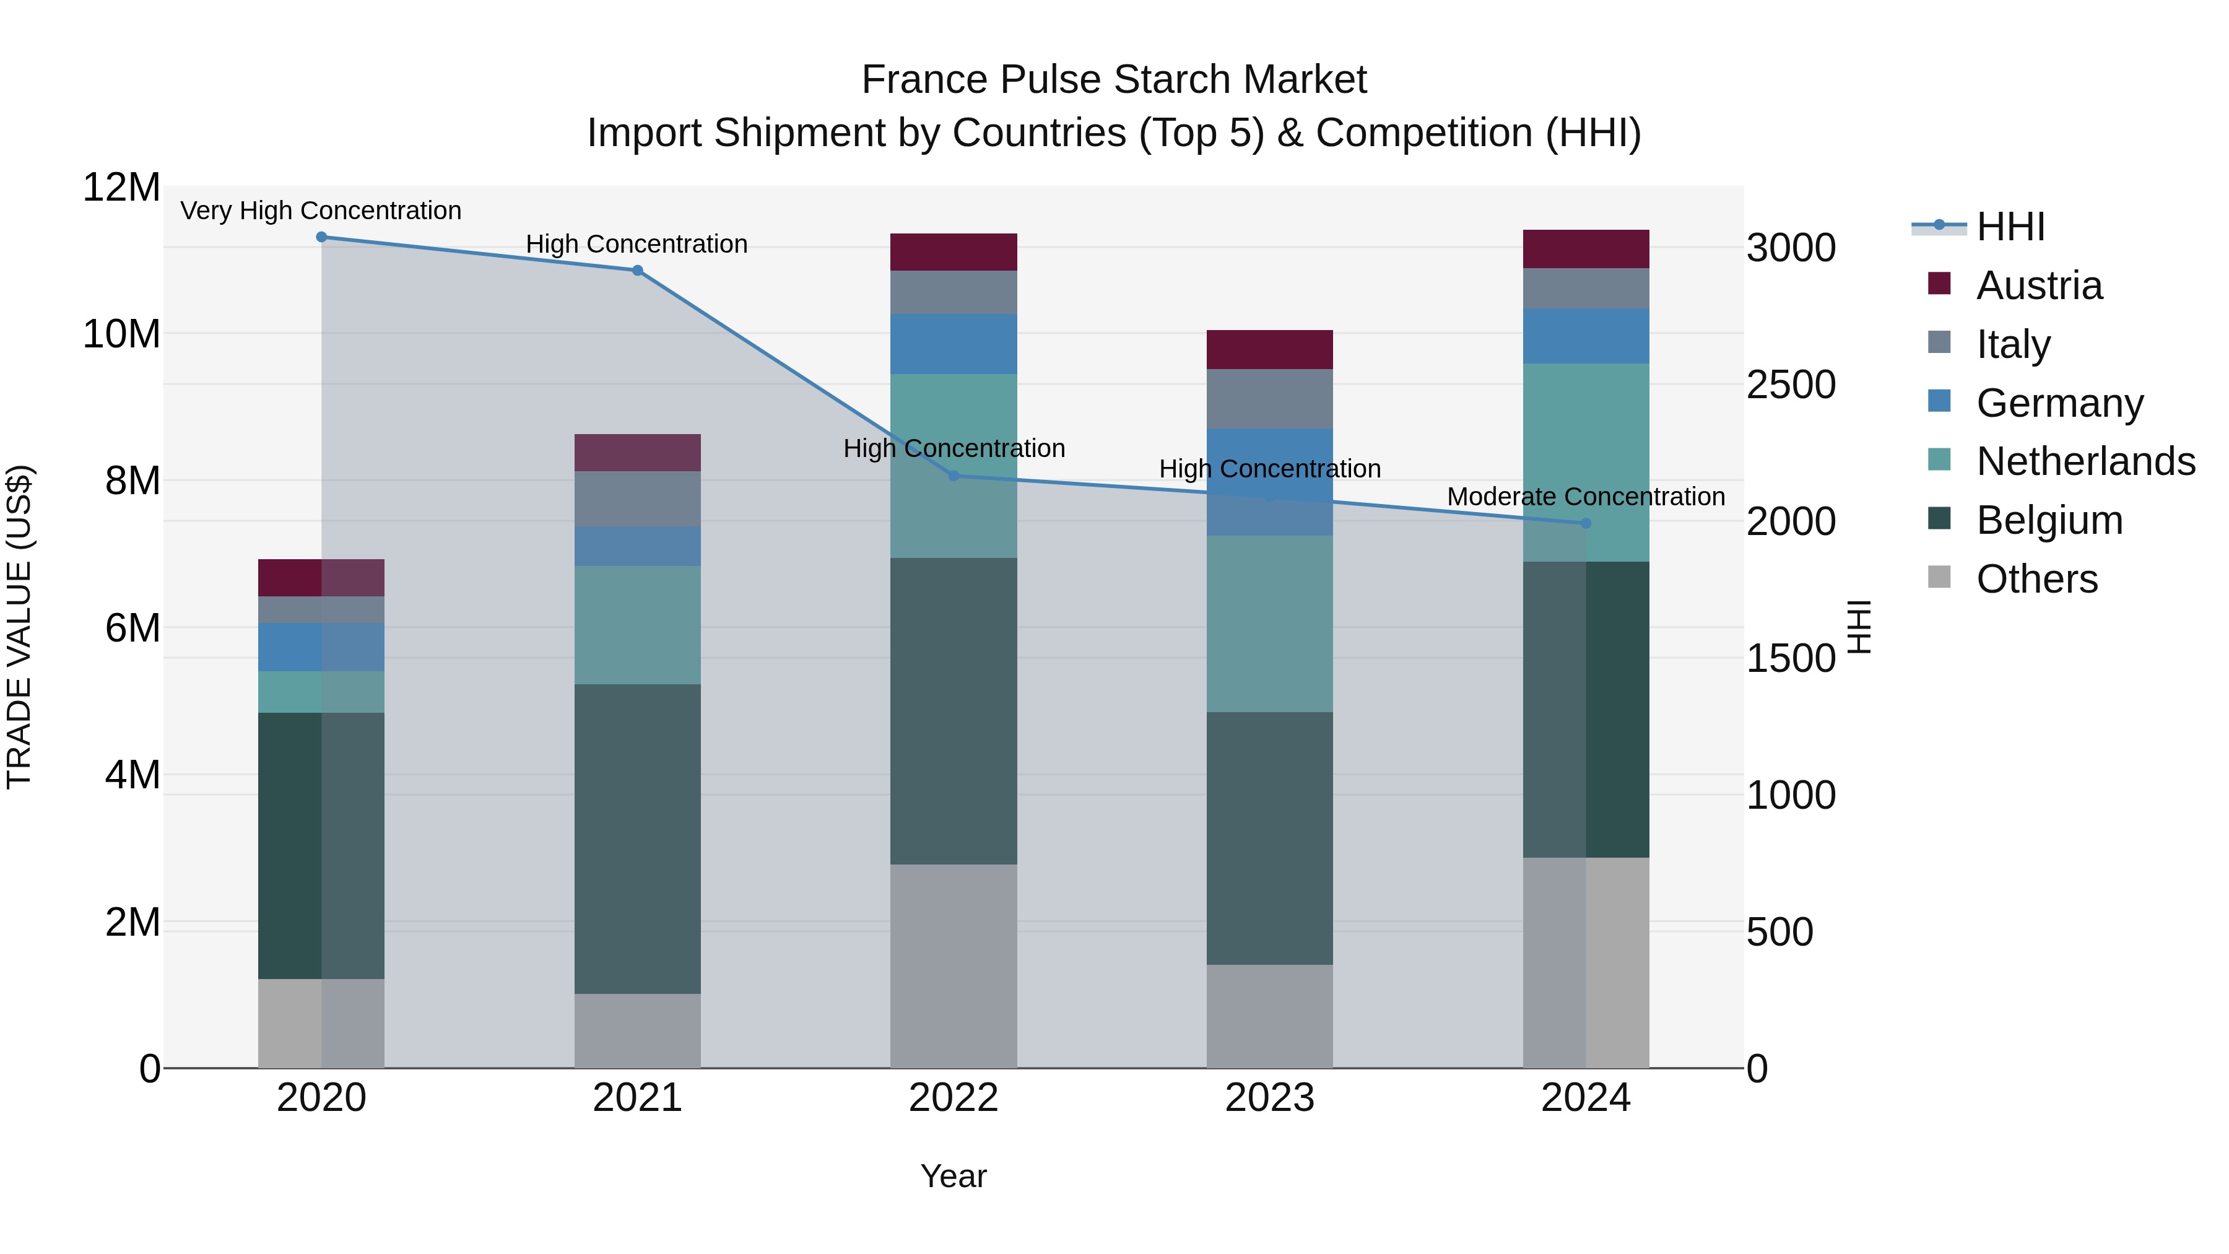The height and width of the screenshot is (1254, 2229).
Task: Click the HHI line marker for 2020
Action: point(321,237)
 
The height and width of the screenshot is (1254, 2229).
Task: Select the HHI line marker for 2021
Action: point(637,271)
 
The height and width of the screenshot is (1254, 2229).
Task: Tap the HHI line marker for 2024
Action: point(1585,523)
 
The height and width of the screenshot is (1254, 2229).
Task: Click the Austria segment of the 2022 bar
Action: point(954,252)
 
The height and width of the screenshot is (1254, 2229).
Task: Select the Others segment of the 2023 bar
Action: point(1269,1016)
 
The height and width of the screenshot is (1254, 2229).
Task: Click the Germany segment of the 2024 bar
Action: point(1585,336)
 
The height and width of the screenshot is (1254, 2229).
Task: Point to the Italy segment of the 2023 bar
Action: point(1269,399)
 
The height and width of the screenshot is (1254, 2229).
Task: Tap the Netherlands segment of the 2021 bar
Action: point(637,625)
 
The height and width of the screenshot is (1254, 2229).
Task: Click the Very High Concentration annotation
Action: point(321,211)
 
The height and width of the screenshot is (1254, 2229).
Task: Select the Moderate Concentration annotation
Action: point(1585,497)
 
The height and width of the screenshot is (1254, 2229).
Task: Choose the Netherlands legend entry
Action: point(2085,461)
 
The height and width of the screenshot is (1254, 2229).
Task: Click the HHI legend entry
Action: point(2010,227)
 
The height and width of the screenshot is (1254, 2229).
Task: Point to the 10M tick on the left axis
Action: point(121,334)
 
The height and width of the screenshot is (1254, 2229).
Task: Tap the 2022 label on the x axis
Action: point(954,1098)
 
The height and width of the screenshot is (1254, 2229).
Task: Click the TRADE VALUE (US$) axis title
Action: point(20,627)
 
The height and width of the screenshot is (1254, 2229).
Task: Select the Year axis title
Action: point(954,1176)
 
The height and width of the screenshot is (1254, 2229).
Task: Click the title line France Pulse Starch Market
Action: point(1114,80)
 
